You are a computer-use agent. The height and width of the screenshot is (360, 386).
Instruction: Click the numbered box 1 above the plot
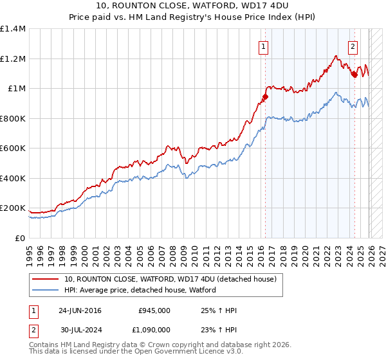coord(264,46)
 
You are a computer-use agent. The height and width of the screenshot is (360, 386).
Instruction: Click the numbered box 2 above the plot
coord(353,46)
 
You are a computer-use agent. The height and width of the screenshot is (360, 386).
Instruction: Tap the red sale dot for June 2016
coord(264,97)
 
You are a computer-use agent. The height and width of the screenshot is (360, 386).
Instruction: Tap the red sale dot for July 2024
coord(354,75)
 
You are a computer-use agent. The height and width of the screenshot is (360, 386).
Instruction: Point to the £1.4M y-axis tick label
coord(13,29)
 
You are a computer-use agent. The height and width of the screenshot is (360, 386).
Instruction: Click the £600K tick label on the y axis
coord(13,148)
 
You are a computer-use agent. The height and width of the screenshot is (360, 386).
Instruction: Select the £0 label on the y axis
coord(20,238)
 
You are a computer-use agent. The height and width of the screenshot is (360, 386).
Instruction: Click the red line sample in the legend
coord(46,279)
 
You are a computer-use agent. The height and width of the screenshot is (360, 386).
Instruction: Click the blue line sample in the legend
coord(46,290)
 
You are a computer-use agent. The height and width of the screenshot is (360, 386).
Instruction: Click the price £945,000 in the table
coord(154,310)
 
